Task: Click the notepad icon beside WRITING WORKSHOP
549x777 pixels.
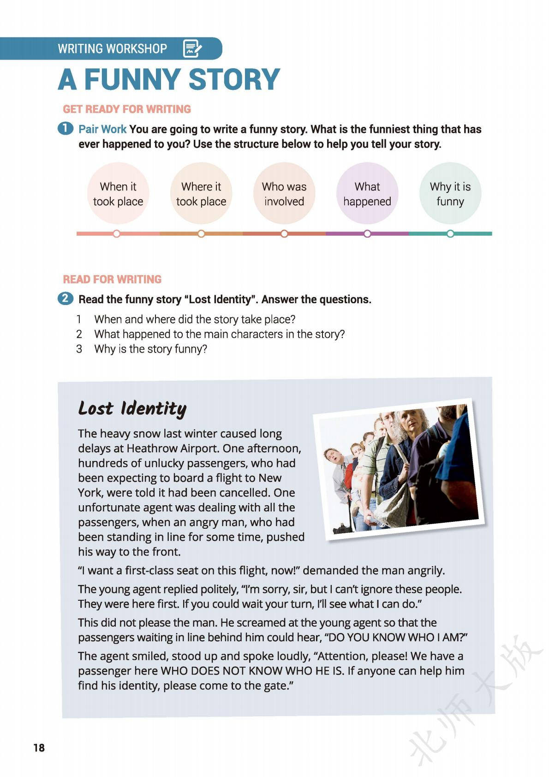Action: click(x=192, y=48)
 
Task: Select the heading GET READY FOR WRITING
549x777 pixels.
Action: click(x=127, y=109)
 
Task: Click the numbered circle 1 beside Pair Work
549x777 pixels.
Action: click(x=66, y=128)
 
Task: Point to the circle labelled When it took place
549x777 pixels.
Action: click(x=118, y=194)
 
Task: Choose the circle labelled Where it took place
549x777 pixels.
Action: click(x=201, y=194)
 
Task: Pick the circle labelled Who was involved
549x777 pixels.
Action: click(x=284, y=194)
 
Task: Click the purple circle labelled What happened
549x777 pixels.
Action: click(x=367, y=194)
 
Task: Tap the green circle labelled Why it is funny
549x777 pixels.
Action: click(x=450, y=194)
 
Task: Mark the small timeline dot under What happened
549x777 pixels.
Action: click(x=367, y=234)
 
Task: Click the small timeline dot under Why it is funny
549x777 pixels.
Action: click(x=450, y=234)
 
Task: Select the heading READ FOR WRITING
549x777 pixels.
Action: click(x=112, y=280)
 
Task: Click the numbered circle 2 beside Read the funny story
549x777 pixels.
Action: click(x=66, y=299)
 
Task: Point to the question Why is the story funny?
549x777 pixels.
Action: click(x=150, y=349)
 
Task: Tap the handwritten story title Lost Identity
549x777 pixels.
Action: click(x=132, y=408)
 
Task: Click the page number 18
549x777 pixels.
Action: click(x=39, y=748)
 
